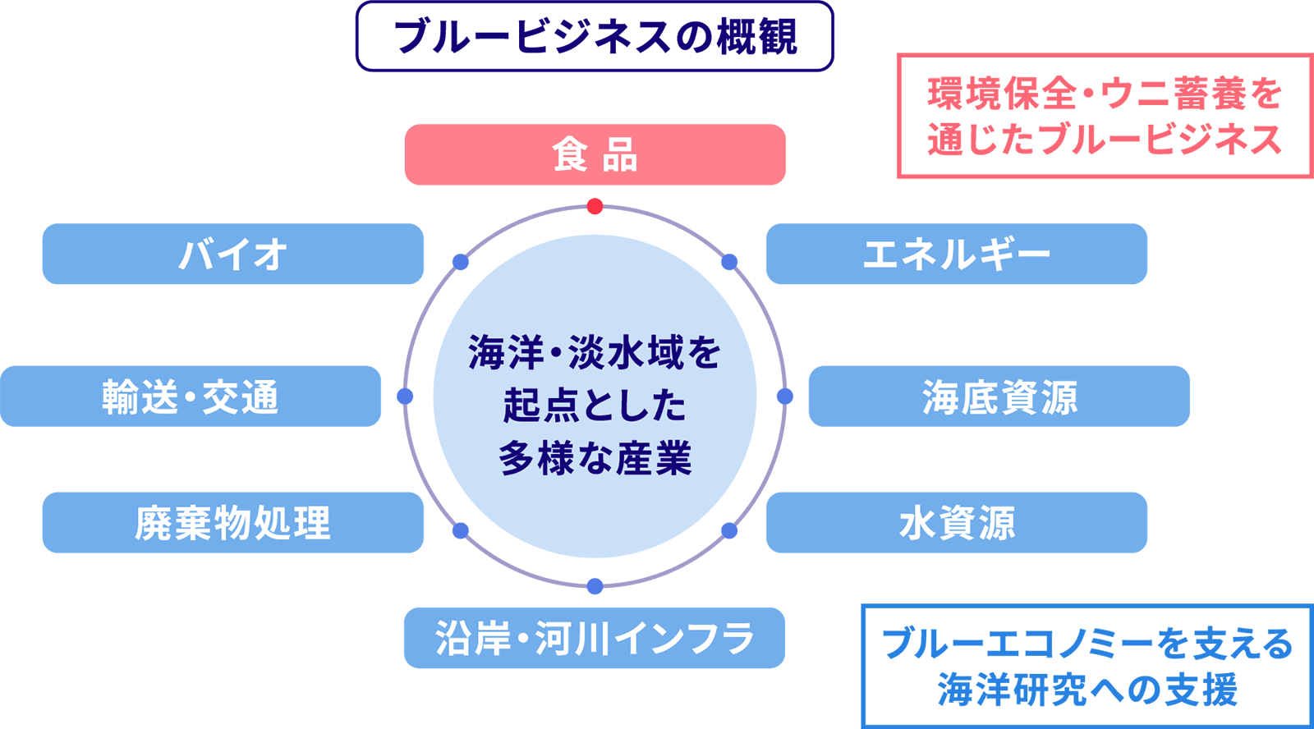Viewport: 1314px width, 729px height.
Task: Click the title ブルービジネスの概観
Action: [x=595, y=37]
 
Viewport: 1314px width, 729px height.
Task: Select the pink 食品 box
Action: [x=595, y=154]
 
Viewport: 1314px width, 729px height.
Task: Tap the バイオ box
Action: [x=232, y=254]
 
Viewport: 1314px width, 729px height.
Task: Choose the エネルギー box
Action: [x=956, y=254]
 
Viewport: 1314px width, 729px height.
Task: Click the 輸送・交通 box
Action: [x=190, y=397]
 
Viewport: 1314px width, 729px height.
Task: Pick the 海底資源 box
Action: [x=999, y=397]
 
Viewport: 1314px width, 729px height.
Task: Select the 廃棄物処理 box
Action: [x=232, y=523]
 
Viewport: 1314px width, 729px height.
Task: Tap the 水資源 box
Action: [x=956, y=523]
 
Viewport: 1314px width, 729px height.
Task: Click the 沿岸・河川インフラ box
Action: [x=594, y=638]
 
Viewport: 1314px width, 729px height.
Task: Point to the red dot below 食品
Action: [x=595, y=206]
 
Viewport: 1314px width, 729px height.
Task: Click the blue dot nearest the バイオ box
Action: [x=461, y=262]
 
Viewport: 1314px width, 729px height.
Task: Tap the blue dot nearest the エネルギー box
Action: [x=729, y=262]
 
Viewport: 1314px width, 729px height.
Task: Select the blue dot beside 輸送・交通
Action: [x=405, y=397]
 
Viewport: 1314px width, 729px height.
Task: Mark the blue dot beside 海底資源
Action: [x=785, y=397]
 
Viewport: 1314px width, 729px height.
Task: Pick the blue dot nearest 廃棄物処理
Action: [x=461, y=531]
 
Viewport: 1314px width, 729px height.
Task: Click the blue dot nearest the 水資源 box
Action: [x=729, y=531]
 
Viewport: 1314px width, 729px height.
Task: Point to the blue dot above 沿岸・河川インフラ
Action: [x=595, y=586]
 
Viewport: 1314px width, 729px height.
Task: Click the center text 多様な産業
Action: [x=595, y=458]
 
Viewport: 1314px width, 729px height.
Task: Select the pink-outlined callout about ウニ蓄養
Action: [x=1105, y=116]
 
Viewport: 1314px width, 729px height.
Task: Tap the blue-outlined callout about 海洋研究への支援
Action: [x=1087, y=666]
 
